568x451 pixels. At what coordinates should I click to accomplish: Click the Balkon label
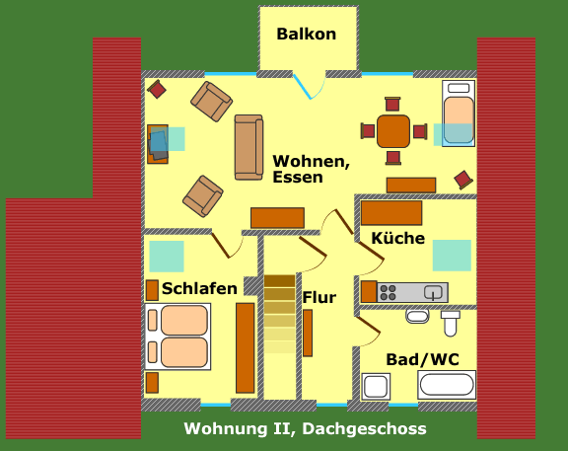point(306,35)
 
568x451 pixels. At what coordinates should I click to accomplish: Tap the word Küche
point(398,238)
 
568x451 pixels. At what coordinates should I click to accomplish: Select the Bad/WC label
point(422,359)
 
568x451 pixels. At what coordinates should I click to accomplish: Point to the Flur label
point(319,297)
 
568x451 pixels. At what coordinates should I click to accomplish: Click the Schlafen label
point(199,288)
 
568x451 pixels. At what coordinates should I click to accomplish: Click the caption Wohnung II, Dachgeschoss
point(305,429)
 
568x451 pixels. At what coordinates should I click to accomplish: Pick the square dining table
point(393,131)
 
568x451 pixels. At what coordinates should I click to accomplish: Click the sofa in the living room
point(248,147)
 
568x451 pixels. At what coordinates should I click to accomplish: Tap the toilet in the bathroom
point(451,323)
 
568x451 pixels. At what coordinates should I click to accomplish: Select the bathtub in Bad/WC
point(447,385)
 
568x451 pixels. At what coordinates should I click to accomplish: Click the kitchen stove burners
point(388,292)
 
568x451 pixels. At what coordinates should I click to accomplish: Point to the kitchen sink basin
point(433,292)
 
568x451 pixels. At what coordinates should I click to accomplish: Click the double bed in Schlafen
point(177,337)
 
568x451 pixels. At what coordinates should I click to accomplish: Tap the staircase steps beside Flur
point(279,314)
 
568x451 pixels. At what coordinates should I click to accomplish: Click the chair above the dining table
point(392,104)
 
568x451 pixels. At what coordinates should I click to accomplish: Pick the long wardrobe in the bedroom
point(246,348)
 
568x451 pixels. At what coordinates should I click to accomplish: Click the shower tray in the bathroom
point(376,387)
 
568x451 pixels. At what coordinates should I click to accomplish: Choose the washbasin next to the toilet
point(417,316)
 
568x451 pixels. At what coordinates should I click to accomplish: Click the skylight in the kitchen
point(452,256)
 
